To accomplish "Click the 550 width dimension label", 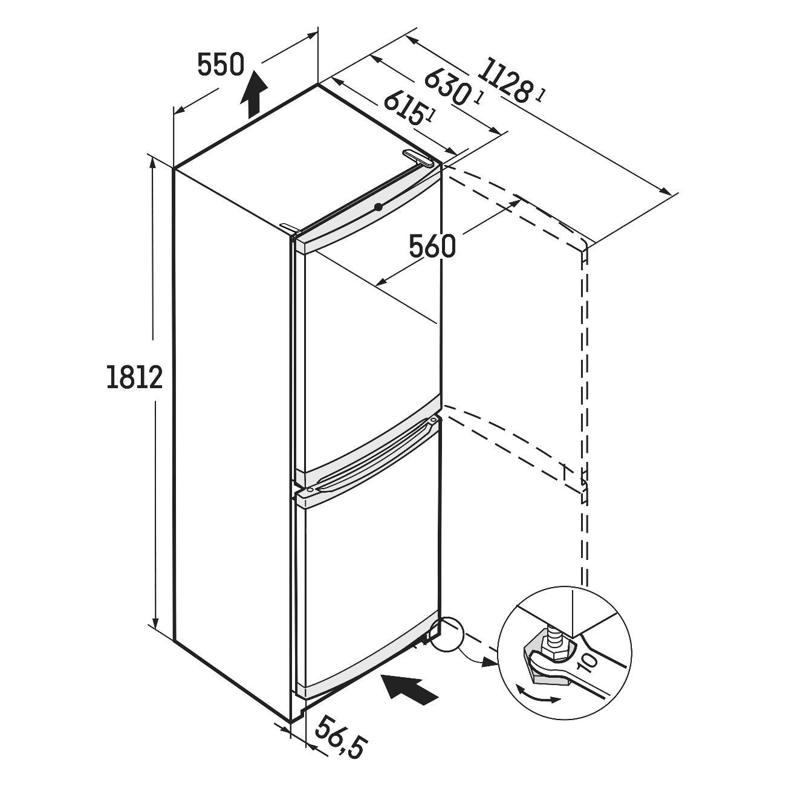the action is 221,65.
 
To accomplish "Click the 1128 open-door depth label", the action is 505,81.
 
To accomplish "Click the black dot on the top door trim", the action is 379,207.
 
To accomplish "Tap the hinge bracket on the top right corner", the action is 417,158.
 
